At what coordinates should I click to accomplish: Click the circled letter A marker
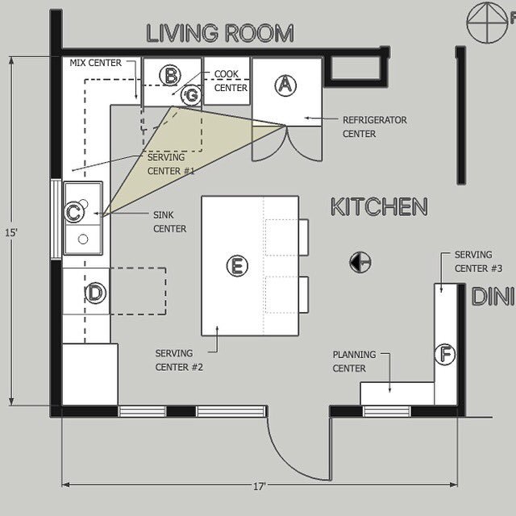click(x=285, y=85)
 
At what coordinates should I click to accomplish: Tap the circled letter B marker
click(x=170, y=75)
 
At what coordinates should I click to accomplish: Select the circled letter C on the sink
click(x=73, y=212)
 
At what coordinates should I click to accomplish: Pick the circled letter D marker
click(x=95, y=293)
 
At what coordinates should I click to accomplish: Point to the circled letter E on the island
click(x=237, y=265)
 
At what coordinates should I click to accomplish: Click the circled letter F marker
click(x=445, y=355)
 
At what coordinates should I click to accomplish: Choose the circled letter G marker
click(x=191, y=95)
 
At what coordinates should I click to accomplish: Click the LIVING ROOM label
click(x=220, y=33)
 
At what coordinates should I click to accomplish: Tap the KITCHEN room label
click(x=379, y=206)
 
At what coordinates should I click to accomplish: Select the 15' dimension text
click(x=10, y=233)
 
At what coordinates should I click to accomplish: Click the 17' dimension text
click(x=260, y=486)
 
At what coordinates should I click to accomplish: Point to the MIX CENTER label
click(x=95, y=63)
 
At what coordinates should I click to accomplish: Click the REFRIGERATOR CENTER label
click(x=375, y=127)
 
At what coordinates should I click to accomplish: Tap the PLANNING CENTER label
click(x=354, y=361)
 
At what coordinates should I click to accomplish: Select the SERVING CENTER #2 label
click(x=179, y=360)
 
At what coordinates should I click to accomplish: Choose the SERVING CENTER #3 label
click(x=478, y=261)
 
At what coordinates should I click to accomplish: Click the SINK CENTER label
click(x=170, y=222)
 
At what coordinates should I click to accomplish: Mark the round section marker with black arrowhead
click(x=360, y=262)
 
